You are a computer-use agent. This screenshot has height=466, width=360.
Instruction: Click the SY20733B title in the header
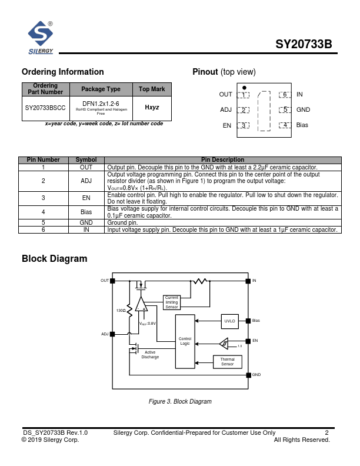[x=304, y=45]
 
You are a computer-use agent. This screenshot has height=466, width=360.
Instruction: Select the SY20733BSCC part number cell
[x=45, y=108]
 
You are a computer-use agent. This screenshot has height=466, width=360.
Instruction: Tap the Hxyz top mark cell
[x=152, y=108]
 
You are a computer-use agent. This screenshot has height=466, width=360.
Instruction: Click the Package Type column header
[x=101, y=89]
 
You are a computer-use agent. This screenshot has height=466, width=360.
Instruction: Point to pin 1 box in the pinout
[x=244, y=95]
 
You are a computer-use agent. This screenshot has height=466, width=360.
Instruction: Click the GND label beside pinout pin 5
[x=303, y=110]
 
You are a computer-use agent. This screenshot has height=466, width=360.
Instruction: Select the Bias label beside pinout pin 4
[x=302, y=125]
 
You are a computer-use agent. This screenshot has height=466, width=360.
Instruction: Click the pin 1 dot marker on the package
[x=244, y=87]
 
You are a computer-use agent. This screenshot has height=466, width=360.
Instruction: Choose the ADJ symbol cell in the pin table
[x=86, y=181]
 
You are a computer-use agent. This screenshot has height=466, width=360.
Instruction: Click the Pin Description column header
[x=222, y=159]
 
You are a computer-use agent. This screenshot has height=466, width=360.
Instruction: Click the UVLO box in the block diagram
[x=229, y=321]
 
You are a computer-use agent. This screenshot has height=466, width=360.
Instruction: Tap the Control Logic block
[x=185, y=341]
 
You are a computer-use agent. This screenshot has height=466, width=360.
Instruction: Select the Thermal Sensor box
[x=227, y=361]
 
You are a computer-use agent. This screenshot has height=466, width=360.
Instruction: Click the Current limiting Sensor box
[x=172, y=302]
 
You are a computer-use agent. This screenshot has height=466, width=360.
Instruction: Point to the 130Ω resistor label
[x=121, y=310]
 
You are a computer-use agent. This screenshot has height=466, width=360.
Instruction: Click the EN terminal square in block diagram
[x=248, y=341]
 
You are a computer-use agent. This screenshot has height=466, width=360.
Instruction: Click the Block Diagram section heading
[x=54, y=258]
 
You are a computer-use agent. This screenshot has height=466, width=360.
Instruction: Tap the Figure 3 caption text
[x=179, y=401]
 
